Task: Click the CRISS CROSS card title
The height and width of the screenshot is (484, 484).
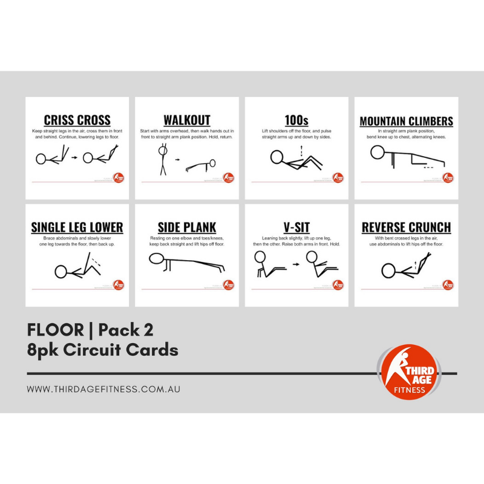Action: [x=77, y=120]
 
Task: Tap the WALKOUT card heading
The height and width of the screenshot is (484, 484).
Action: [x=186, y=120]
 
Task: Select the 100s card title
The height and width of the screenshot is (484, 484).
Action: [x=296, y=120]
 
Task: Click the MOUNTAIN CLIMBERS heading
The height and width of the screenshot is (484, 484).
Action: [x=406, y=122]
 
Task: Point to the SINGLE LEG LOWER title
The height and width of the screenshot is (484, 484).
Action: [x=77, y=227]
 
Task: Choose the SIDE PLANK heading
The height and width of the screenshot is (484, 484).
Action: [x=186, y=227]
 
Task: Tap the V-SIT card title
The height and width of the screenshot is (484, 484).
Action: [x=296, y=227]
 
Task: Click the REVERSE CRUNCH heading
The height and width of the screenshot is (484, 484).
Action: [x=406, y=227]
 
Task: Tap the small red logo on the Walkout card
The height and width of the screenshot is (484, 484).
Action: [x=228, y=178]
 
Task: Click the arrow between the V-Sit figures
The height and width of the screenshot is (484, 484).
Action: [x=295, y=264]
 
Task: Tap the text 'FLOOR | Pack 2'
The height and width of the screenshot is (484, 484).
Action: [x=90, y=330]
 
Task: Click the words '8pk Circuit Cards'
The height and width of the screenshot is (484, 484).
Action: [x=103, y=350]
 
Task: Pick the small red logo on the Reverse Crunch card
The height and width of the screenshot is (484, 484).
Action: [x=448, y=284]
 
